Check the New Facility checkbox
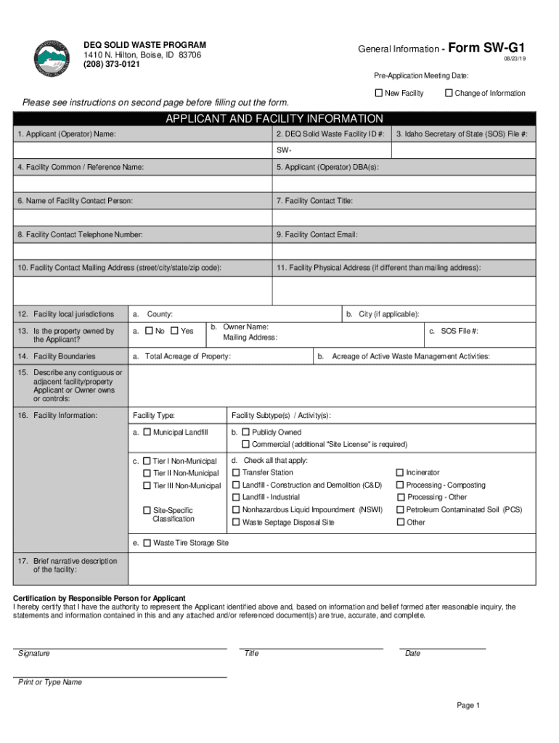coord(378,93)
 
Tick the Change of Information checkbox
coord(449,93)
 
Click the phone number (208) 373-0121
coord(112,65)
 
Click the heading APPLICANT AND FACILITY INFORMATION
coord(274,119)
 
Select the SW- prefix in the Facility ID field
coord(283,151)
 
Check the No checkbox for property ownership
coord(149,331)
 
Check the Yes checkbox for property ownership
coord(174,331)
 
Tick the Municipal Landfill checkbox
coord(147,432)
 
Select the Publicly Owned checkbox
coord(245,432)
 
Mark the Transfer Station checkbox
coord(236,472)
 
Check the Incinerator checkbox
coord(400,472)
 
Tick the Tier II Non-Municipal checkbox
coord(147,473)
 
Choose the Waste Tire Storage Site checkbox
coord(147,543)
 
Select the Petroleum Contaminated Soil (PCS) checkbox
coord(400,510)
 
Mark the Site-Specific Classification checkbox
coord(147,510)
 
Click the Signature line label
coord(34,654)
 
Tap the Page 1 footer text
coord(468,705)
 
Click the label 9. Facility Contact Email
coord(317,235)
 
